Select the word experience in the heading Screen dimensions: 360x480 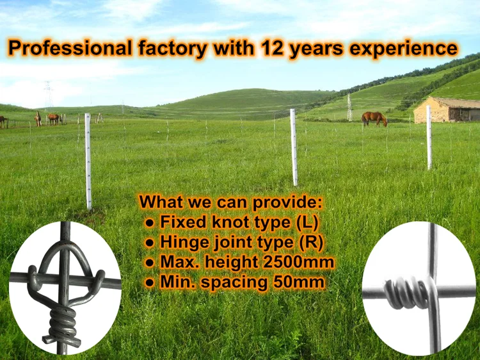pyautogui.click(x=404, y=49)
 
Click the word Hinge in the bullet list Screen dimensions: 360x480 pyautogui.click(x=182, y=242)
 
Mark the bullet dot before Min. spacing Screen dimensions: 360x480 pyautogui.click(x=149, y=282)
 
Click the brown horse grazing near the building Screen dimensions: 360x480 pyautogui.click(x=374, y=119)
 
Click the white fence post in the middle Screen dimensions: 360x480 pyautogui.click(x=294, y=147)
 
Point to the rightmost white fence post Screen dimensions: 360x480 pyautogui.click(x=429, y=138)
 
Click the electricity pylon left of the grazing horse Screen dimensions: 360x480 pyautogui.click(x=349, y=106)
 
